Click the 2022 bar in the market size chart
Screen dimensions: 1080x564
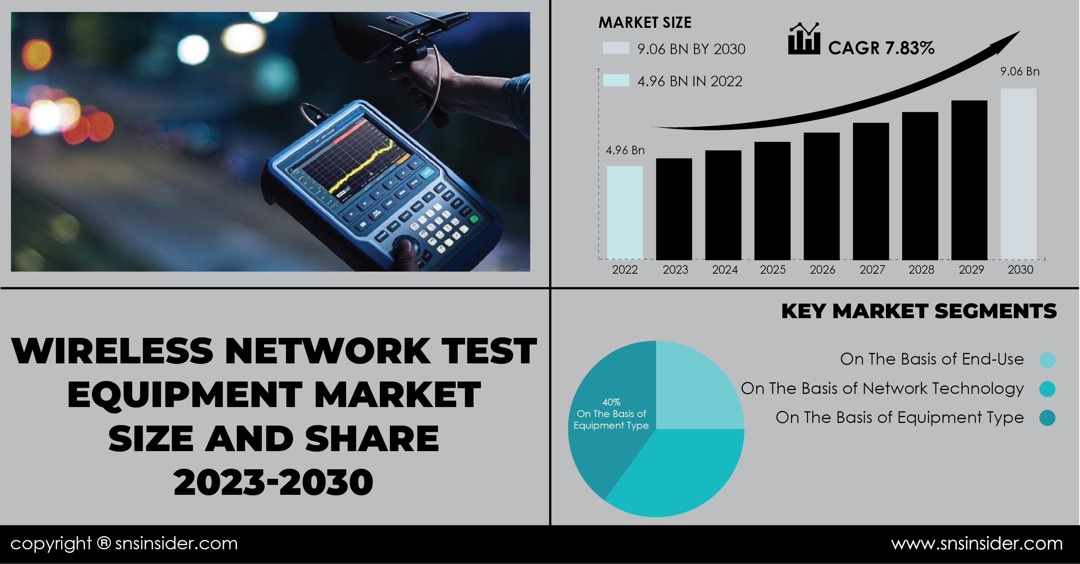click(x=625, y=213)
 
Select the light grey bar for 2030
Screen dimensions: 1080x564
click(x=1019, y=174)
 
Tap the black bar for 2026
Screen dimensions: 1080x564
click(x=822, y=196)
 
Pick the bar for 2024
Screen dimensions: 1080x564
click(x=723, y=204)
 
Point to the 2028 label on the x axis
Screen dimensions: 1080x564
click(x=921, y=269)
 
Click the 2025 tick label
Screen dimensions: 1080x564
click(x=773, y=269)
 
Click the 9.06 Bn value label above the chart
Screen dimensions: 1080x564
click(x=1020, y=71)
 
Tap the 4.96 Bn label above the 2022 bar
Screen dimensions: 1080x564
click(x=625, y=150)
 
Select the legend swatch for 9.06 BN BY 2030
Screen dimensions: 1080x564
click(x=616, y=48)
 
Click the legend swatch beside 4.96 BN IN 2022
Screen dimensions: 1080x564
click(x=616, y=80)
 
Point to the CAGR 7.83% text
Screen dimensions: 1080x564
click(x=881, y=48)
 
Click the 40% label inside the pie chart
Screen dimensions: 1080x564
click(x=611, y=402)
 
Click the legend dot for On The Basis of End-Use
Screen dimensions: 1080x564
click(x=1047, y=360)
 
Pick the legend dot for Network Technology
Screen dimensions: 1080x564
click(x=1047, y=389)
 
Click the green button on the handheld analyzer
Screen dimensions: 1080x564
click(x=474, y=219)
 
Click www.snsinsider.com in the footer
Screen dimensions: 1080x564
click(x=977, y=544)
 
